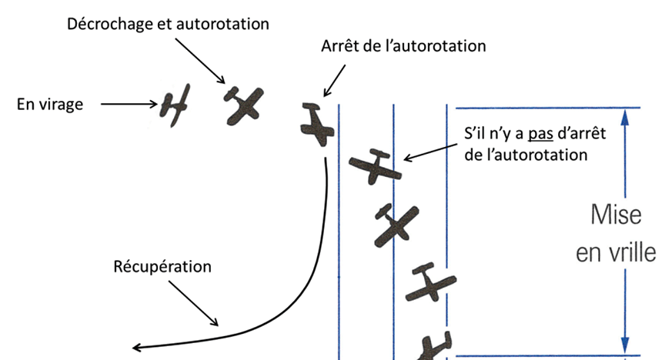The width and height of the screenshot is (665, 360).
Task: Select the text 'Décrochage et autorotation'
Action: pyautogui.click(x=168, y=23)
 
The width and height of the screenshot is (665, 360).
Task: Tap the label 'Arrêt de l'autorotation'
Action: pyautogui.click(x=403, y=45)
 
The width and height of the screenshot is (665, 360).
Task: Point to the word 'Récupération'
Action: pyautogui.click(x=162, y=268)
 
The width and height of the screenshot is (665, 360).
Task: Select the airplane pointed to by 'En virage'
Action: pyautogui.click(x=175, y=104)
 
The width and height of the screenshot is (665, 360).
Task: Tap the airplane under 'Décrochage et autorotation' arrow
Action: pyautogui.click(x=243, y=102)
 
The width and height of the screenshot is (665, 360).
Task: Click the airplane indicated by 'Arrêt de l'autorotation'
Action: pyautogui.click(x=316, y=124)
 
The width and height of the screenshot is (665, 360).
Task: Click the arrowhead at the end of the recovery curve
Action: pyautogui.click(x=137, y=346)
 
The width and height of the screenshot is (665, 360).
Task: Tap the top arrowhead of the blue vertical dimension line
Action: pyautogui.click(x=625, y=115)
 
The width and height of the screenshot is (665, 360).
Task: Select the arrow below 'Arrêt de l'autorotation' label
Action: pyautogui.click(x=332, y=81)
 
